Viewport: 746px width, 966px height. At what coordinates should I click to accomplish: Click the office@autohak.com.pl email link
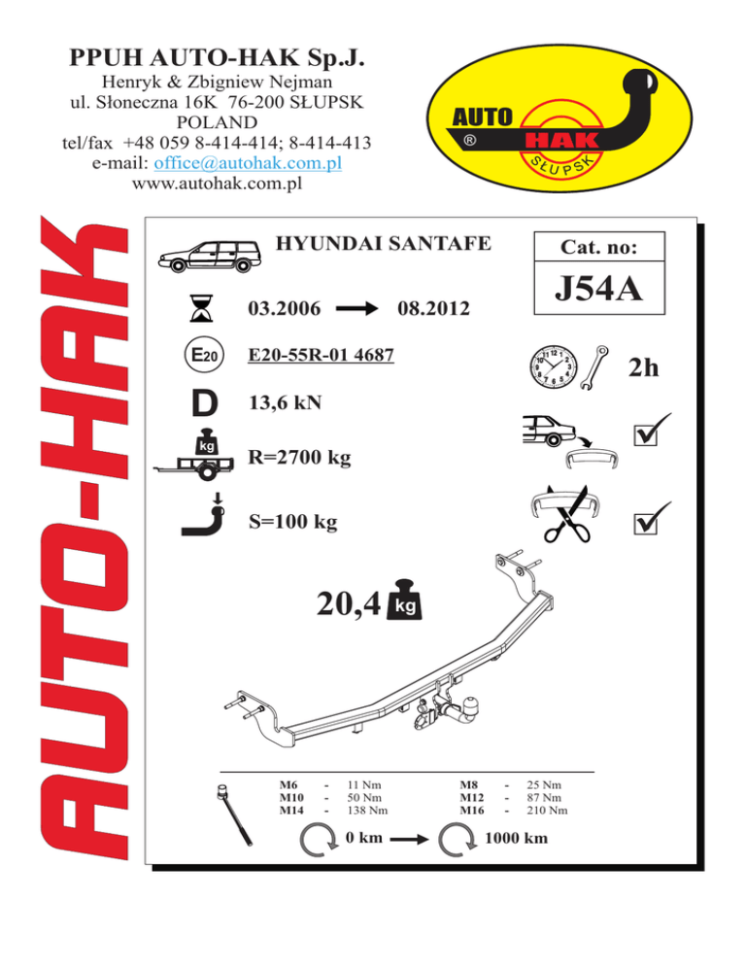[248, 163]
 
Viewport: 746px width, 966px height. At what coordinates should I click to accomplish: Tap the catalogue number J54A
[598, 289]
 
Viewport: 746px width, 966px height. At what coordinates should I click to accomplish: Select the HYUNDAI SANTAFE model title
[383, 244]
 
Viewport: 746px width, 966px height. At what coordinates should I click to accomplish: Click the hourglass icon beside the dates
[201, 308]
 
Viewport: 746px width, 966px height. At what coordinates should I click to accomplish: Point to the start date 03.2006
[284, 308]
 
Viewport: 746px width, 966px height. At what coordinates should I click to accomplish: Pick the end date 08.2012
[433, 308]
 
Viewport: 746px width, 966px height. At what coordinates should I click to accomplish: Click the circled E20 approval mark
[205, 355]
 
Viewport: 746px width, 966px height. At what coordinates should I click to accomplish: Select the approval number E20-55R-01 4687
[321, 355]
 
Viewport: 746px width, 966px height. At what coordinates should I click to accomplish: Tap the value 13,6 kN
[286, 403]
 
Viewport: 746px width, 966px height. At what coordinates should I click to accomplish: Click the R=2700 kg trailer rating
[299, 457]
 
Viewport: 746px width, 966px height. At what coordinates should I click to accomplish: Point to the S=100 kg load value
[293, 522]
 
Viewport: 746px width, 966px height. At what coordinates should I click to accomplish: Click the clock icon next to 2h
[554, 366]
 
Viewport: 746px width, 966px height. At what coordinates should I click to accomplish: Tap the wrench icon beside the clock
[594, 367]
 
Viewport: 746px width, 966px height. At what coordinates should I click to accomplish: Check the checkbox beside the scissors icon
[646, 524]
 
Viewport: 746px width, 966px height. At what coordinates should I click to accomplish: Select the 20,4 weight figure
[349, 604]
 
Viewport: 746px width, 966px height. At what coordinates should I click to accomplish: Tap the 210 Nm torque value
[547, 811]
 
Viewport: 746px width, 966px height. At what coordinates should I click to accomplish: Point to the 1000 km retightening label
[516, 838]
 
